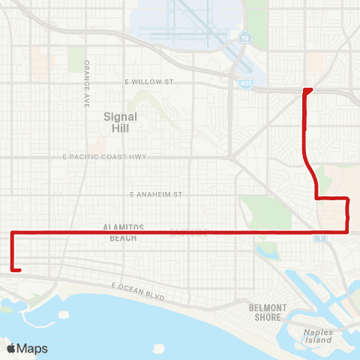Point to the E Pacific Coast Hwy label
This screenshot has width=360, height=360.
point(105,157)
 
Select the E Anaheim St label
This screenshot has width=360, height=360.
point(157,194)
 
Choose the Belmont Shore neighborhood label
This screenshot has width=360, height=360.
point(268,312)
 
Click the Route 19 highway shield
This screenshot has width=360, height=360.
point(245,36)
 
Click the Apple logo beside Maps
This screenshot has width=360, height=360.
point(12,348)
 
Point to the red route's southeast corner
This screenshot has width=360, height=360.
point(347,232)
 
